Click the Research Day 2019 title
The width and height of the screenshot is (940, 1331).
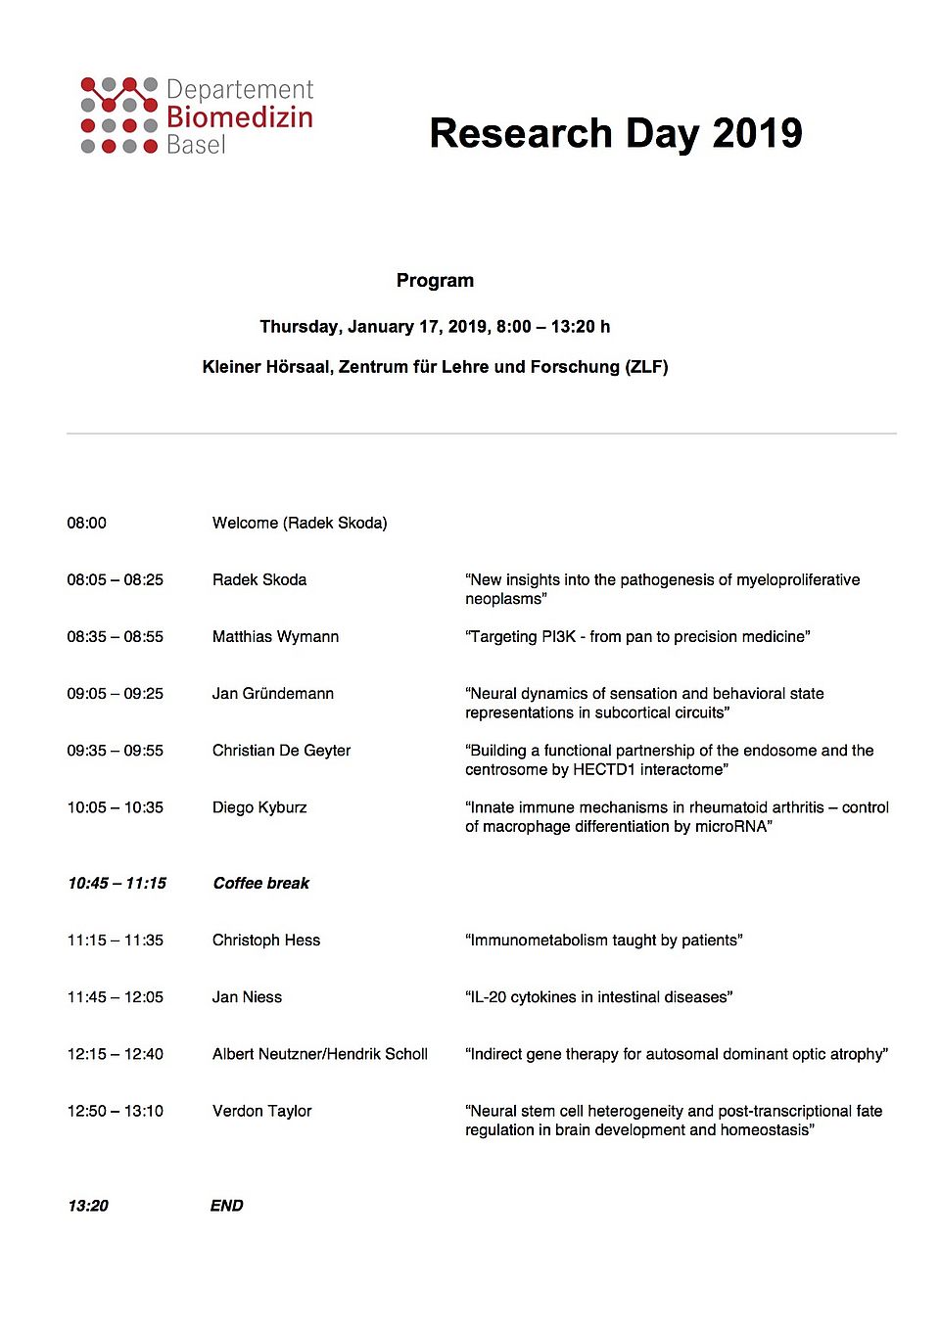615,133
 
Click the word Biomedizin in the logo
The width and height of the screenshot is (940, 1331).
240,117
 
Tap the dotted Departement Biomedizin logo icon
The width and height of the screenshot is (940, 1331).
118,115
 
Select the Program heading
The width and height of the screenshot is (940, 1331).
435,281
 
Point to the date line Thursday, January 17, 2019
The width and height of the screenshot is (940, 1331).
435,327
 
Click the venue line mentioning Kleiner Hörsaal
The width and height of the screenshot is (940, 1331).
435,367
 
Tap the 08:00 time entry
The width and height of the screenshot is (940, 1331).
87,524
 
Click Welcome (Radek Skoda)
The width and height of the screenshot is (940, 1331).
300,524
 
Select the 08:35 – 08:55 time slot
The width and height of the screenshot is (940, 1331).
116,637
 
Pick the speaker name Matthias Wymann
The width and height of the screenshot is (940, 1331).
275,637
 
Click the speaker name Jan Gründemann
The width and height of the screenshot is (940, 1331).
273,694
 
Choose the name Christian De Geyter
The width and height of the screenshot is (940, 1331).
281,751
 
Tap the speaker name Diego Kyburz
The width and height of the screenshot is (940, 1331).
259,807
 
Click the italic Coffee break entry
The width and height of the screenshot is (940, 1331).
261,884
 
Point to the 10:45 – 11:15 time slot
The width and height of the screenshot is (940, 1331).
117,884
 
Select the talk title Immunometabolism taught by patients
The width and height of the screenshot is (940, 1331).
604,941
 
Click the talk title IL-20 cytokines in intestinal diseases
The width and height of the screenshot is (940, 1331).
599,997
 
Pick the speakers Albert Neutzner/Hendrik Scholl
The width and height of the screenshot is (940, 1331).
320,1054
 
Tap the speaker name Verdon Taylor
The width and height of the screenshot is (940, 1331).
262,1111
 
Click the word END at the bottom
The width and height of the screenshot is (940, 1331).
227,1206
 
